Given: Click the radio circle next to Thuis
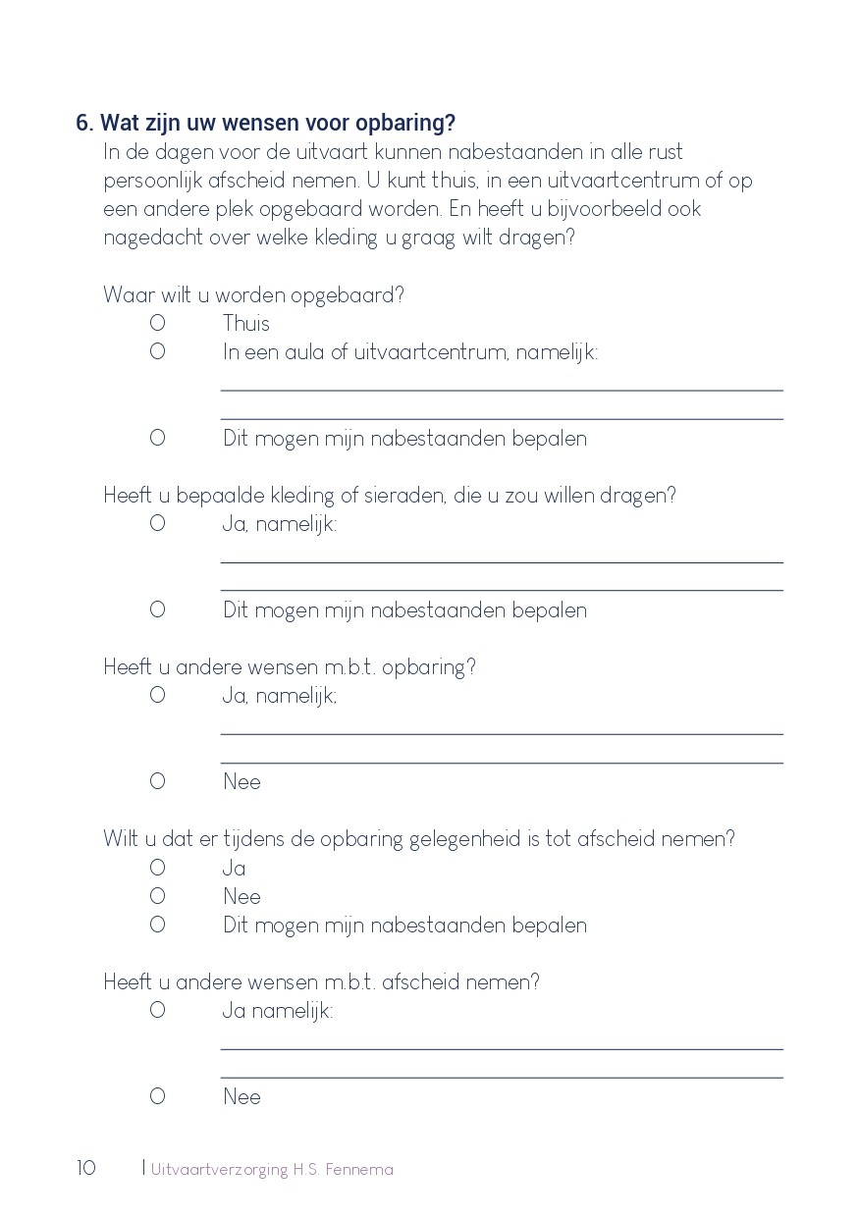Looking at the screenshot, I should click(157, 323).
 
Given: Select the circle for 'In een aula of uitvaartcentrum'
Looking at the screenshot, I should click(157, 351).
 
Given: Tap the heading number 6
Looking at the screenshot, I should click(83, 124).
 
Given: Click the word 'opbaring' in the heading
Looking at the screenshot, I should click(411, 124).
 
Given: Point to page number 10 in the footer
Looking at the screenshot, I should click(86, 1168).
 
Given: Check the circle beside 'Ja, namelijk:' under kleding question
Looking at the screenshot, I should click(157, 523).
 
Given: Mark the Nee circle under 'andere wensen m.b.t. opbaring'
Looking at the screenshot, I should click(157, 781).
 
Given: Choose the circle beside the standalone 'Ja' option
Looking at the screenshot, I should click(157, 868).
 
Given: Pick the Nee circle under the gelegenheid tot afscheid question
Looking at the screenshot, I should click(157, 896).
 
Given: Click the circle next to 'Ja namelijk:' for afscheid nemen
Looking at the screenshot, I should click(157, 1010).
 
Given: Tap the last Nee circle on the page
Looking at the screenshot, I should click(157, 1096).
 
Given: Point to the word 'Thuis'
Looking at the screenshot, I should click(245, 324).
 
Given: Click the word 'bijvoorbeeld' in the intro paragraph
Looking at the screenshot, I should click(591, 209).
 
